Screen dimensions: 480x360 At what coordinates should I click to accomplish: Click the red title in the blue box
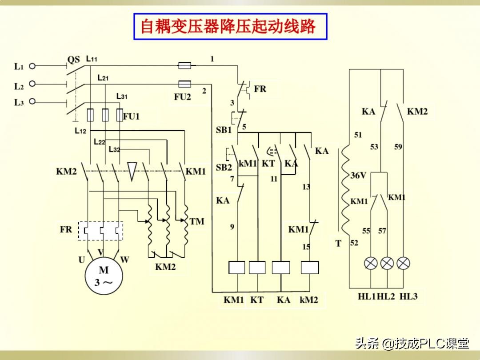(228, 26)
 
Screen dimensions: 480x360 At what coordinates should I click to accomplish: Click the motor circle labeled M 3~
(104, 276)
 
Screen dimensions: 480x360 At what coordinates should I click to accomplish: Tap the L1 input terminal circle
(32, 66)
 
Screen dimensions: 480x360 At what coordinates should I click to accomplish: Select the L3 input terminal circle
(32, 101)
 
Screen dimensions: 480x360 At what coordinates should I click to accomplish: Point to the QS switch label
(73, 60)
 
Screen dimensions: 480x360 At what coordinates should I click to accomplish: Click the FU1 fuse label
(131, 116)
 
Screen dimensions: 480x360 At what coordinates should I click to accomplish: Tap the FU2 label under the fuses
(183, 97)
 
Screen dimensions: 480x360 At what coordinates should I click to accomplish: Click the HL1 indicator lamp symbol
(371, 263)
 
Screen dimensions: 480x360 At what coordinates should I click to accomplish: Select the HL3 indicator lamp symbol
(403, 263)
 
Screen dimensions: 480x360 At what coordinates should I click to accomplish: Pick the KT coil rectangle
(257, 268)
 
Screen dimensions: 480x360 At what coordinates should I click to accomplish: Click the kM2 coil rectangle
(310, 268)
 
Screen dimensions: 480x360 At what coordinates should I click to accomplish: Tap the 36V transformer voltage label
(358, 176)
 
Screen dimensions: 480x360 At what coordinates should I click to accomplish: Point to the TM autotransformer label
(197, 221)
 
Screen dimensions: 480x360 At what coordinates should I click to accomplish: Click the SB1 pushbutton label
(224, 130)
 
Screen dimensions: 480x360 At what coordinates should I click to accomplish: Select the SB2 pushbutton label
(224, 168)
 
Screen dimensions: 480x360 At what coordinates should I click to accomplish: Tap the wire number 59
(398, 147)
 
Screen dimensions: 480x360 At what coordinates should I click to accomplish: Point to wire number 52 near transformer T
(354, 243)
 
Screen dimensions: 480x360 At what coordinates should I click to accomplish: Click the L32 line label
(115, 149)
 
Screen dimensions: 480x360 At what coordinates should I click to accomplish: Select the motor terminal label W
(124, 260)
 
